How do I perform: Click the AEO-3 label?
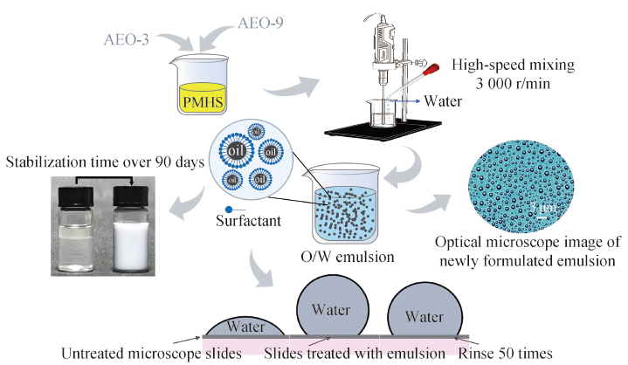tap(126, 39)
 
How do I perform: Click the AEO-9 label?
tap(260, 23)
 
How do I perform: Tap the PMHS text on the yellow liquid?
tap(203, 102)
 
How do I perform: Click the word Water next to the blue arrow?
tap(443, 101)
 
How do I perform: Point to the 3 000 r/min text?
tap(513, 83)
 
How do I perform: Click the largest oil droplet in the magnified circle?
tap(237, 151)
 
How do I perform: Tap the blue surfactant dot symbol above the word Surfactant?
tap(229, 210)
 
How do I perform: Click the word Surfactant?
tap(248, 221)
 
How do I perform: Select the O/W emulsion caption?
tap(348, 257)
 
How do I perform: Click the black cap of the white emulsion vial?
tap(131, 196)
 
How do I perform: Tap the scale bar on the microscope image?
tap(542, 217)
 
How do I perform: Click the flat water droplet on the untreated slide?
tap(246, 327)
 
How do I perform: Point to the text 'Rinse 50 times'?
tap(505, 354)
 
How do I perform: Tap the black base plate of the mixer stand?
tap(383, 130)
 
